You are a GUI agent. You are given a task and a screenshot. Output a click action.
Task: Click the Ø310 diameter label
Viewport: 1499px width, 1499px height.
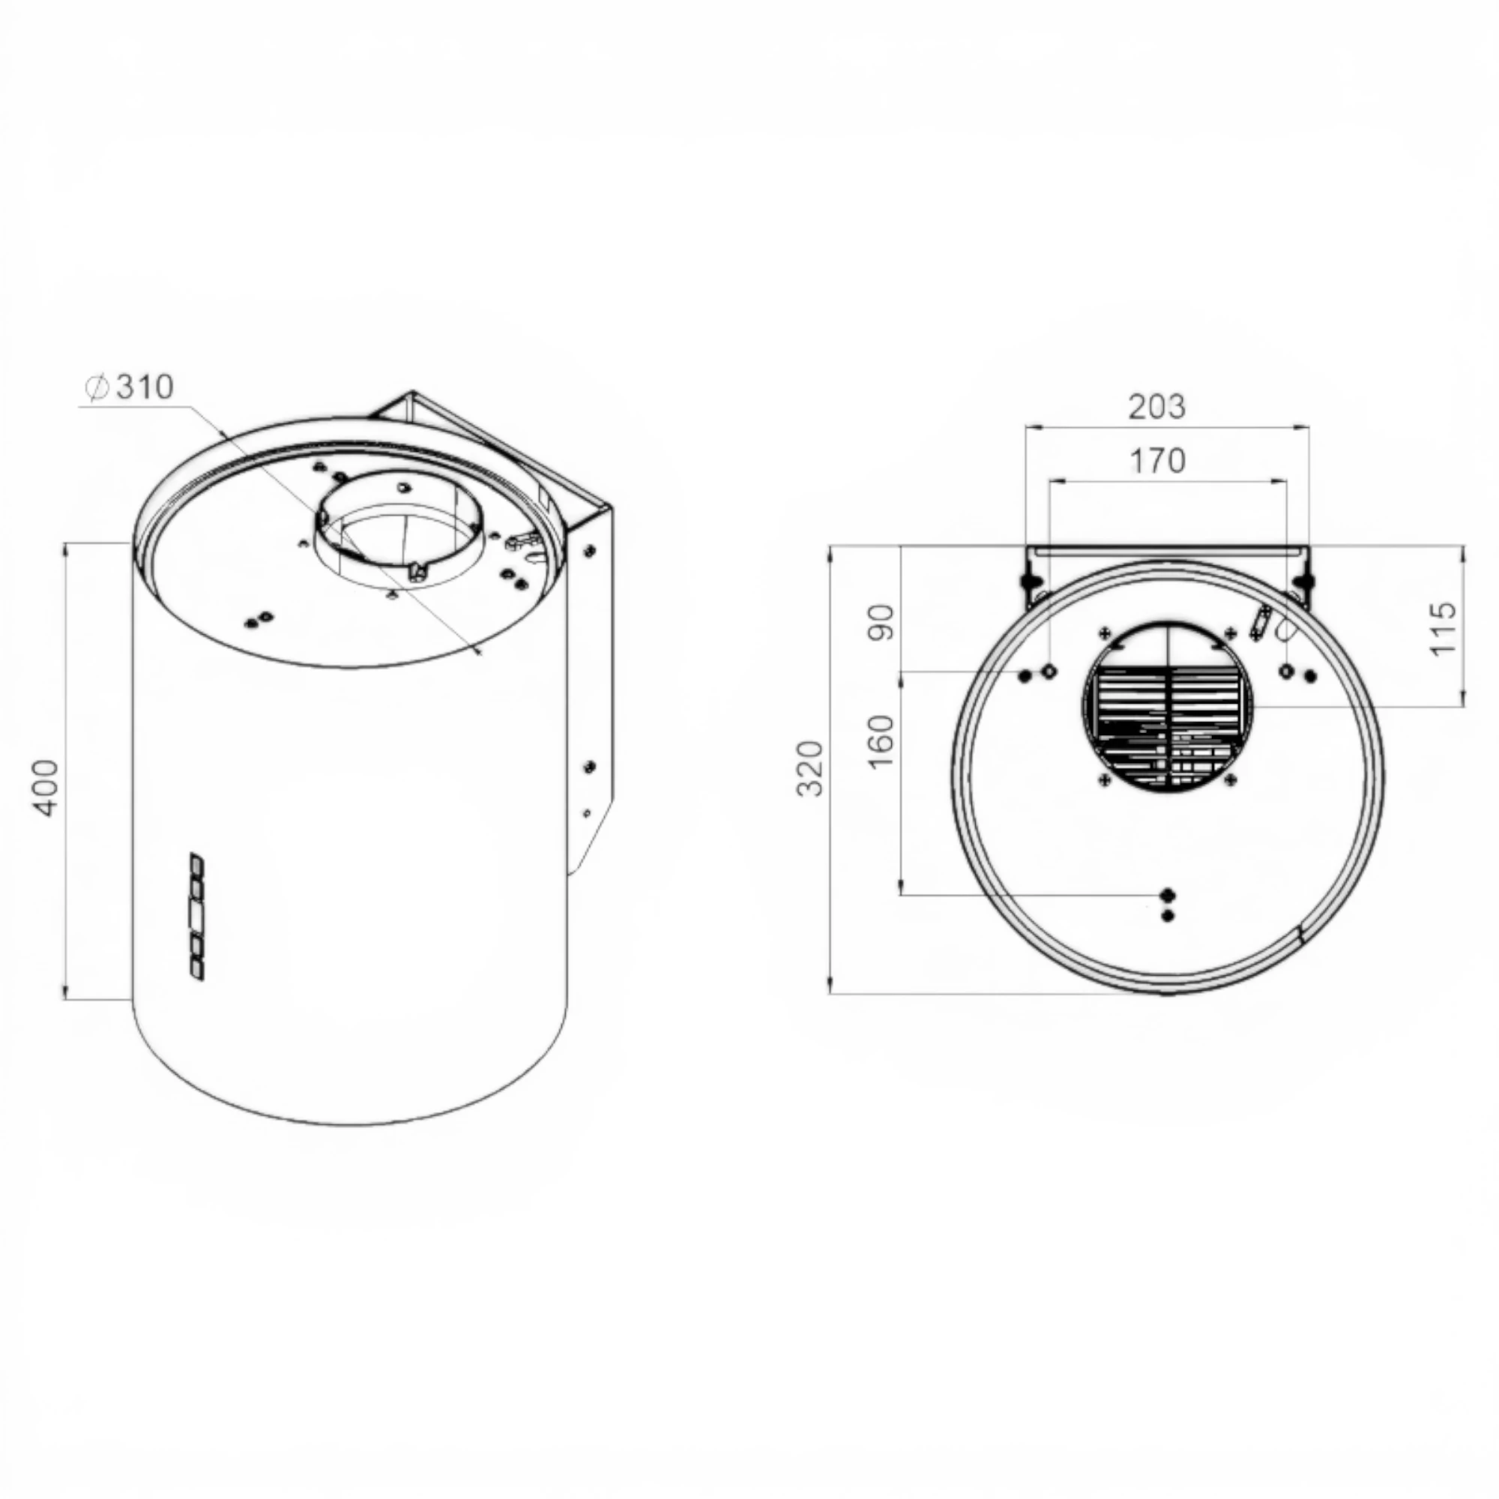pyautogui.click(x=130, y=387)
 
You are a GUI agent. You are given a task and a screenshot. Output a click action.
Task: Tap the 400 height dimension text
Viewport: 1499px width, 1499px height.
pyautogui.click(x=46, y=788)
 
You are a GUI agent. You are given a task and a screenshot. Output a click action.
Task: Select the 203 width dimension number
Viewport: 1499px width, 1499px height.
pyautogui.click(x=1156, y=406)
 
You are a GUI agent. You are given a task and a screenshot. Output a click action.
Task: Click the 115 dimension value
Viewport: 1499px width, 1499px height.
pyautogui.click(x=1443, y=627)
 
